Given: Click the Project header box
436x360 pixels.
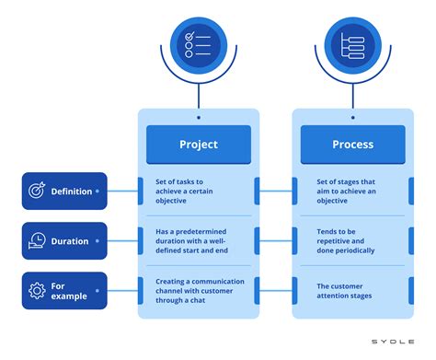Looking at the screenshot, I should point(199,145).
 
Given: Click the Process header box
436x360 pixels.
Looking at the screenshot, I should point(352,145).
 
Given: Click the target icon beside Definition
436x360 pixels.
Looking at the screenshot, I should point(38,192).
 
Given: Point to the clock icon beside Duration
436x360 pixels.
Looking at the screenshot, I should point(38,241).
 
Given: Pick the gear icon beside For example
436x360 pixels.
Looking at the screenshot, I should point(38,291).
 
